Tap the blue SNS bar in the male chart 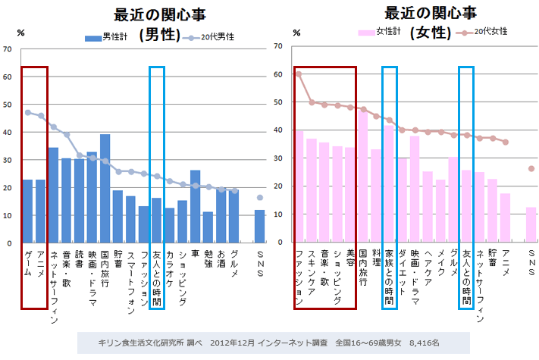(260, 226)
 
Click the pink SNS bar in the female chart (531, 224)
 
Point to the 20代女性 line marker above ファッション (299, 74)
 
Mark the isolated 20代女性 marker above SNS (531, 168)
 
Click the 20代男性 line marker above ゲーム (28, 112)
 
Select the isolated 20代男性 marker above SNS (260, 198)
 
